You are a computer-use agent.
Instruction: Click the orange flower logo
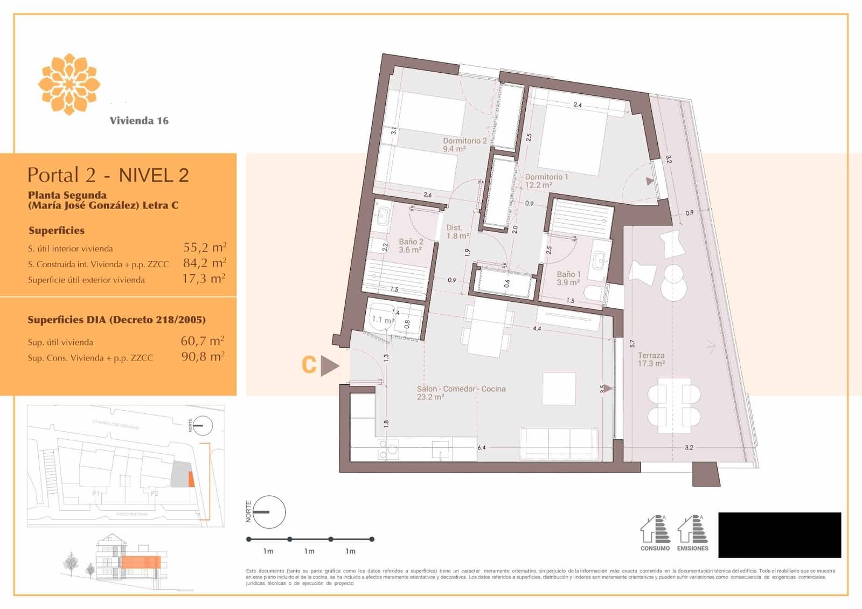[x=69, y=84]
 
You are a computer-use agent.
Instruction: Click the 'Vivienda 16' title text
[x=139, y=121]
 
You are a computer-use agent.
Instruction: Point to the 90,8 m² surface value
[x=203, y=356]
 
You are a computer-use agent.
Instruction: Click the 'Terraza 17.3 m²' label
[x=651, y=359]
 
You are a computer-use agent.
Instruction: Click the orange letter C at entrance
[x=309, y=365]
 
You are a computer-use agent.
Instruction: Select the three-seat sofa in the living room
[x=559, y=443]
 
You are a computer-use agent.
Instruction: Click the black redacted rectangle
[x=780, y=535]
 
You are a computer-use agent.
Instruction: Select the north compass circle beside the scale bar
[x=269, y=511]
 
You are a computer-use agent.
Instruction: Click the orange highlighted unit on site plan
[x=191, y=479]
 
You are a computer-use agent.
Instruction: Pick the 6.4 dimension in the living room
[x=481, y=447]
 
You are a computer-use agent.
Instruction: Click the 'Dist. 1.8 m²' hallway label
[x=457, y=231]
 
